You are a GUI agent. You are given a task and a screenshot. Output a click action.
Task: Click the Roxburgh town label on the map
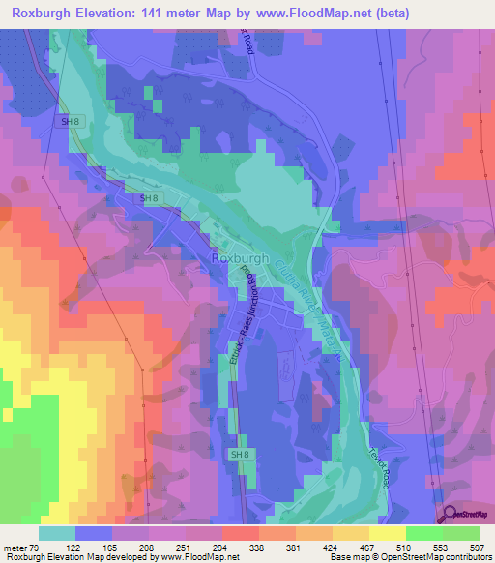[x=238, y=259]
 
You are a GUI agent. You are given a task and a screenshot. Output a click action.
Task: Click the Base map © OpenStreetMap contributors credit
[x=406, y=556]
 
